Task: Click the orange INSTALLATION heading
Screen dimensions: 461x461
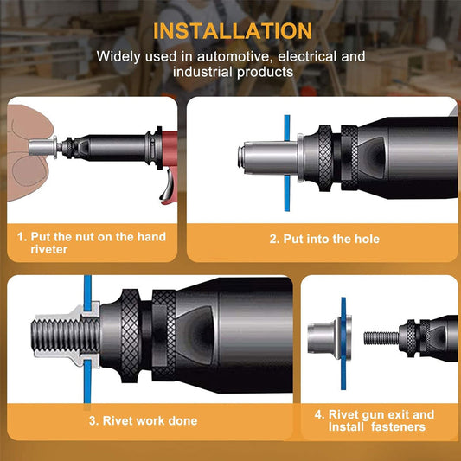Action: (232, 31)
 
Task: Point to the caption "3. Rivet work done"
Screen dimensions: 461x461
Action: (142, 421)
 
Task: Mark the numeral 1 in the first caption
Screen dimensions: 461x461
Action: (20, 236)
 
